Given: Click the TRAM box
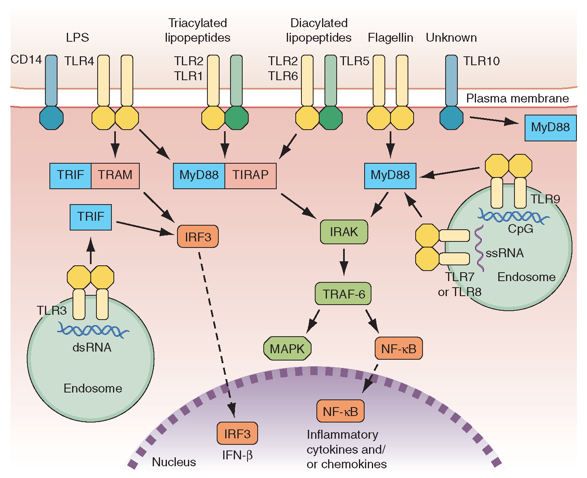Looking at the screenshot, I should click(115, 175).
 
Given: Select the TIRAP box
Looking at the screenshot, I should click(250, 175).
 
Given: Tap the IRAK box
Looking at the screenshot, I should click(344, 232).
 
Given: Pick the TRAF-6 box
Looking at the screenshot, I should click(344, 294).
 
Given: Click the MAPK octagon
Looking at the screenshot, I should click(287, 348).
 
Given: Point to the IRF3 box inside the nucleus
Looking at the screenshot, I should click(237, 433).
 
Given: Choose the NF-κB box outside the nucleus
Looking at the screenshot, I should click(399, 348).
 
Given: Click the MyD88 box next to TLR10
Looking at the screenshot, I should click(550, 128).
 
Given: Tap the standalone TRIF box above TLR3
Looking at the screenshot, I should click(91, 217).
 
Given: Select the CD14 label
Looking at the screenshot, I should click(26, 60).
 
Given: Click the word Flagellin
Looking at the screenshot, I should click(391, 38).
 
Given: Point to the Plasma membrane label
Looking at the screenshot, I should click(517, 98).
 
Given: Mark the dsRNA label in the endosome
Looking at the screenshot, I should click(92, 348).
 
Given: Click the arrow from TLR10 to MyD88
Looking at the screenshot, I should click(494, 120).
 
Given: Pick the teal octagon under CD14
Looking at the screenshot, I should click(51, 118).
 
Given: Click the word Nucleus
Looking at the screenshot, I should click(174, 462).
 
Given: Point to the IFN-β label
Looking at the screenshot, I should click(237, 455).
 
